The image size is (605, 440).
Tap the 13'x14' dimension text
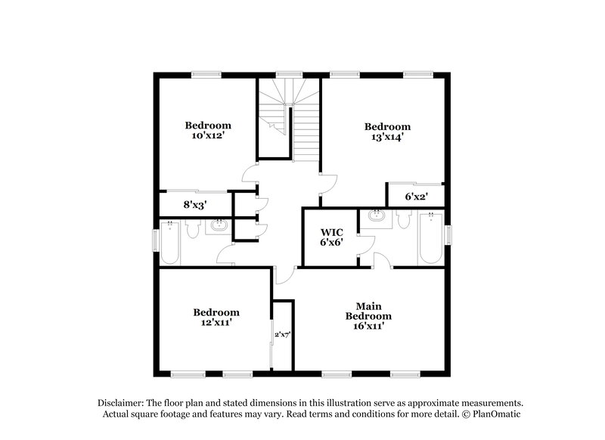[x=387, y=138]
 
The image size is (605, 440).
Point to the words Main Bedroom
[x=368, y=311]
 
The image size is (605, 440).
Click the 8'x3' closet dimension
[x=195, y=204]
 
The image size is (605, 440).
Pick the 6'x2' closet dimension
[x=417, y=197]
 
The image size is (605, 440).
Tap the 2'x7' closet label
[x=282, y=333]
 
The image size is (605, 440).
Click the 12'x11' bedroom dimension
[x=216, y=322]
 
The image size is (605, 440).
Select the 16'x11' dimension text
[x=368, y=326]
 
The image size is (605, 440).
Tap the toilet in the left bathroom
[x=191, y=229]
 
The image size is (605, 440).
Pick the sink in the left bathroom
[x=220, y=225]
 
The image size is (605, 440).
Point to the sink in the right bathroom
[x=376, y=217]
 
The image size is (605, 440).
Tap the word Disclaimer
[x=121, y=403]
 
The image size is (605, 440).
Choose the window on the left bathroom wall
[x=157, y=240]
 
